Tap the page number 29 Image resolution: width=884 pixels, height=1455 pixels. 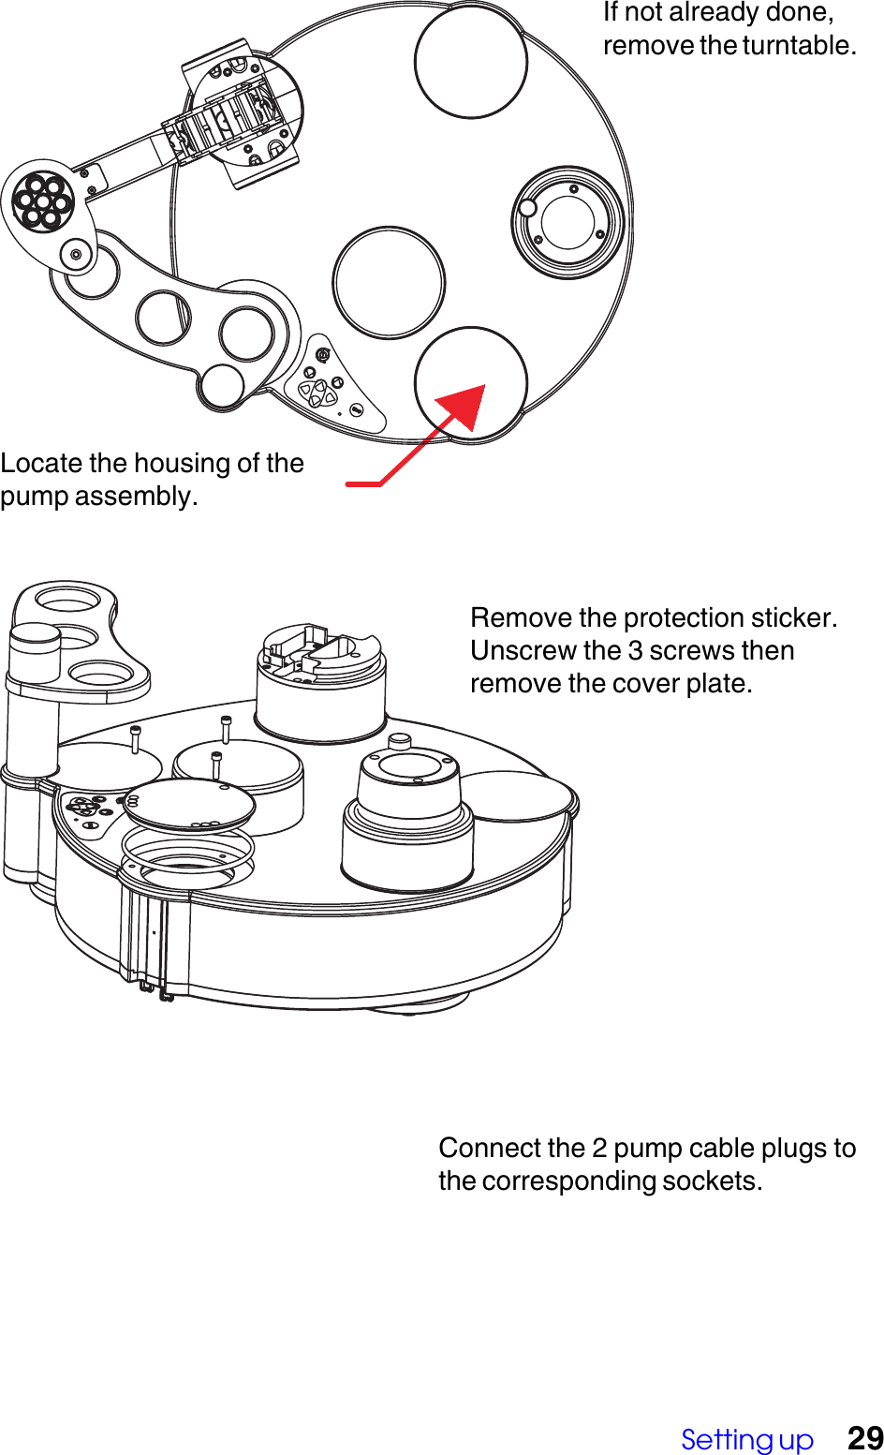864,1438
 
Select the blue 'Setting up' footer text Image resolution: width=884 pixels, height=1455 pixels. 746,1439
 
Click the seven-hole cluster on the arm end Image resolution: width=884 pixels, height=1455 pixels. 42,201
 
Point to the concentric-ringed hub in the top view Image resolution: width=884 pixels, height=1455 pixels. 567,222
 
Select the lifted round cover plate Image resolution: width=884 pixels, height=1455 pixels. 188,804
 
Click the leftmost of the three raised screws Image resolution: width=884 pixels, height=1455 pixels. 136,739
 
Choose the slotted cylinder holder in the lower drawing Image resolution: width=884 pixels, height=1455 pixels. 320,679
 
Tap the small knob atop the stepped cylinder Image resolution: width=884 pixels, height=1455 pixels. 400,740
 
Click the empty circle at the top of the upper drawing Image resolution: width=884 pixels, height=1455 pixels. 471,62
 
